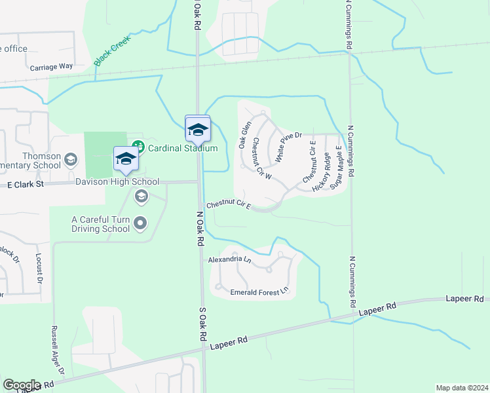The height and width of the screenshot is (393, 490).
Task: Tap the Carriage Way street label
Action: (51, 67)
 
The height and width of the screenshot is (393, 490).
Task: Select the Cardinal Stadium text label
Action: (183, 148)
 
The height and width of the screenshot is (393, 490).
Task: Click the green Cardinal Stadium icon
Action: (138, 147)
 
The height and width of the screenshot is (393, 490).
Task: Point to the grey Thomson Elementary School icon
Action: (71, 159)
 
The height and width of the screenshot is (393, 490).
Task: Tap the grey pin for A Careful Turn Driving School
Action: (140, 224)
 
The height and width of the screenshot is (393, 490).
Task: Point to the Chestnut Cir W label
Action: (261, 159)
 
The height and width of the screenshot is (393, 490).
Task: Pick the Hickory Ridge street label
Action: (321, 172)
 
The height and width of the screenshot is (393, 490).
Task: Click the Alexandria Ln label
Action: (229, 260)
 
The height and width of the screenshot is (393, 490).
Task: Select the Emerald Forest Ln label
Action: (259, 291)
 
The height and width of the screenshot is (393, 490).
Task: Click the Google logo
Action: (22, 384)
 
